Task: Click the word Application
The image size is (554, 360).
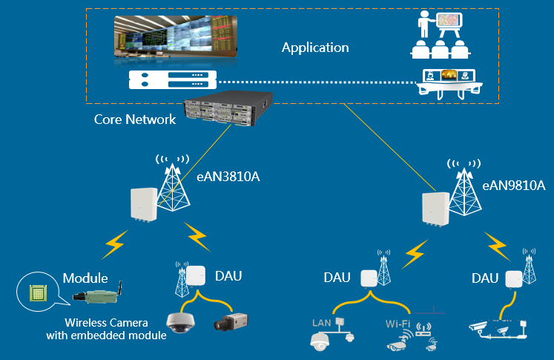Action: [315, 48]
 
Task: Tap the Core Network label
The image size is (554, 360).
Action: [135, 119]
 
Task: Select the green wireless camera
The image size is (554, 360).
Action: [96, 296]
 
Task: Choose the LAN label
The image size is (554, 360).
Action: [322, 324]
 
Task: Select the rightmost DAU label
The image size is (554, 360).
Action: [485, 278]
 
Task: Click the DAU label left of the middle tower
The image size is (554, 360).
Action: [338, 278]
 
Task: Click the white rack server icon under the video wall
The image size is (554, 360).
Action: [173, 79]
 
